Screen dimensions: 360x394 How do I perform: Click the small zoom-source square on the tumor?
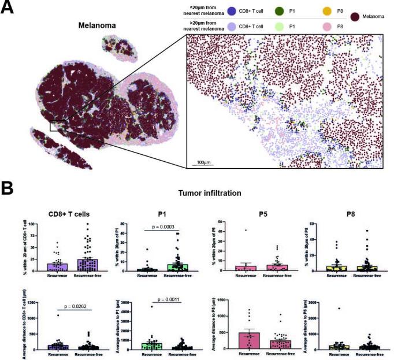click(57, 125)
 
